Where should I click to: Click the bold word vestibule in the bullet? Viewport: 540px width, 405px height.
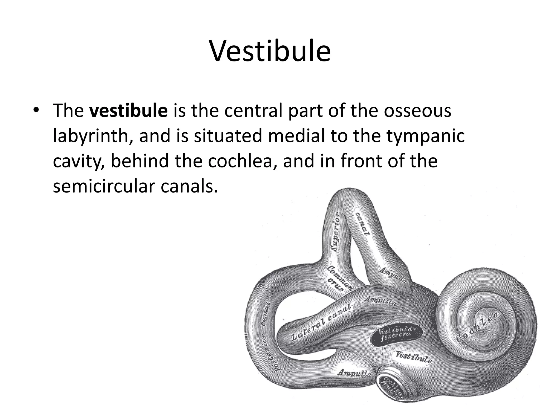tap(128, 111)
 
